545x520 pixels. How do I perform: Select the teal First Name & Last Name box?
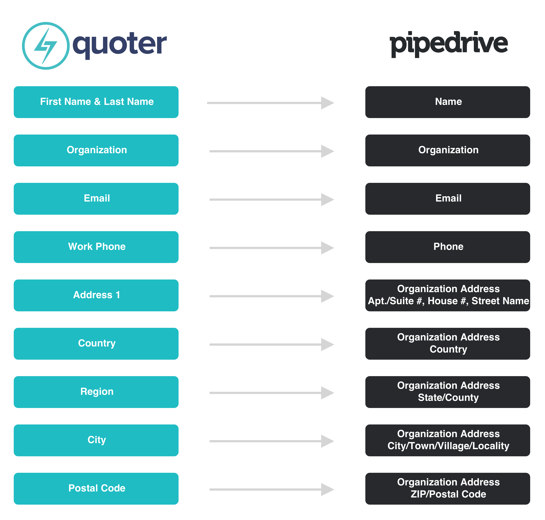(96, 102)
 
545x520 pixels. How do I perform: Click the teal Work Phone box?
(96, 247)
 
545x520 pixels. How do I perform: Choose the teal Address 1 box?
(96, 295)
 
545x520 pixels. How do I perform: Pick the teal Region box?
(96, 392)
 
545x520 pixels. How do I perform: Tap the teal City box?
(96, 440)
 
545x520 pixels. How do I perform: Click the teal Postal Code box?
(96, 489)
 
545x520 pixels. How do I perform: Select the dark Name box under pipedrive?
(448, 102)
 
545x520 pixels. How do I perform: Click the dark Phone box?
(448, 247)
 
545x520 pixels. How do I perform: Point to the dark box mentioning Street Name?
(448, 295)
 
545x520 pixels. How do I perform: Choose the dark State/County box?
(448, 392)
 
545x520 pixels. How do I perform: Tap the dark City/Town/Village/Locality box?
(448, 440)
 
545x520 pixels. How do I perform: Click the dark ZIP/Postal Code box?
(448, 489)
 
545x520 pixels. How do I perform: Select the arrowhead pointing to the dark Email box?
(327, 200)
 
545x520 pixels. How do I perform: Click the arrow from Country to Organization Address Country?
(272, 345)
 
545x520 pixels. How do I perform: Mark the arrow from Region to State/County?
(272, 393)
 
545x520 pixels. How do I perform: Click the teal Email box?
(96, 199)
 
